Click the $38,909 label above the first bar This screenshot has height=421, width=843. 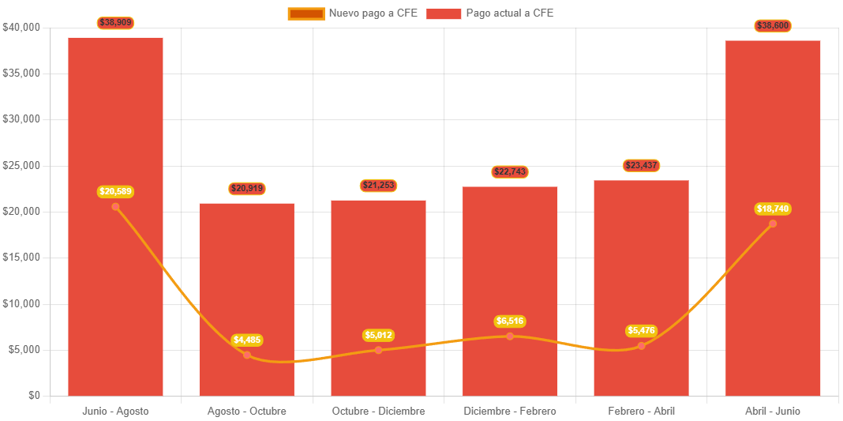click(x=115, y=23)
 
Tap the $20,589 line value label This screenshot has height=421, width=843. click(x=115, y=191)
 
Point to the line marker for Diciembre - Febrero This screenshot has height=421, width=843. click(x=510, y=336)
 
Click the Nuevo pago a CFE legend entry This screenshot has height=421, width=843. click(x=353, y=13)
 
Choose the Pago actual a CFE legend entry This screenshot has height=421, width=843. click(x=490, y=13)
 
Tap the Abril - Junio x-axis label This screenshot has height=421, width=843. click(x=773, y=412)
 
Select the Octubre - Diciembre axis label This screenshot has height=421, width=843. click(x=379, y=412)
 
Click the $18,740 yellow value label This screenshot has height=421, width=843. click(x=773, y=209)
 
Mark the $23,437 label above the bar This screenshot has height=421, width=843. click(x=642, y=166)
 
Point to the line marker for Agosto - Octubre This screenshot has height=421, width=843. click(x=247, y=355)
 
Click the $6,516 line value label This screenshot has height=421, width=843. click(x=510, y=321)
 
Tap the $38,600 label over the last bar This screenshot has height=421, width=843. click(x=773, y=26)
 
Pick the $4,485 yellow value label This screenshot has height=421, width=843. click(x=247, y=340)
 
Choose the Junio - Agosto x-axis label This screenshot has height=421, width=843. click(x=115, y=412)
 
